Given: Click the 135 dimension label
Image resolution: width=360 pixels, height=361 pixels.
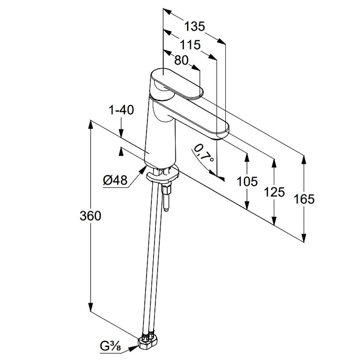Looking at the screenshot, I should [x=195, y=26].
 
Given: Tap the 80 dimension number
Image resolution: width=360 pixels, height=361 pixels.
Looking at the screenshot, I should [x=181, y=60].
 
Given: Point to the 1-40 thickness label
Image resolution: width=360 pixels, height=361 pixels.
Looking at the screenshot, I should [x=121, y=110].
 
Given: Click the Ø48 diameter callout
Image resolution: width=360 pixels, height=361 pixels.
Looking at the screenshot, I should [x=115, y=180].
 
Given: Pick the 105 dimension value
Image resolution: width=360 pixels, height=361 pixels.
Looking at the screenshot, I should [x=247, y=181].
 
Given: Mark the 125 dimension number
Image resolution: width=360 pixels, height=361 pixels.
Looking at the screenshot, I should [x=274, y=192].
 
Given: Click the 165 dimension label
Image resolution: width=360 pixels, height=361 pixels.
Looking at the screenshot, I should [x=304, y=199].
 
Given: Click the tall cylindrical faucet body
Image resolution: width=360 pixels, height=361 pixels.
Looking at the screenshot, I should [x=160, y=135].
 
